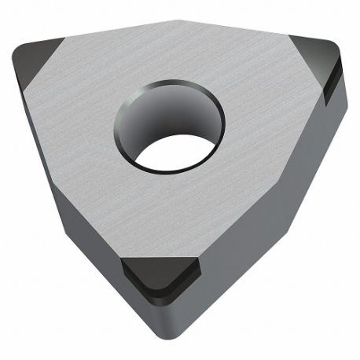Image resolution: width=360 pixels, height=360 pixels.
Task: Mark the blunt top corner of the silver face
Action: pyautogui.click(x=181, y=24)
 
